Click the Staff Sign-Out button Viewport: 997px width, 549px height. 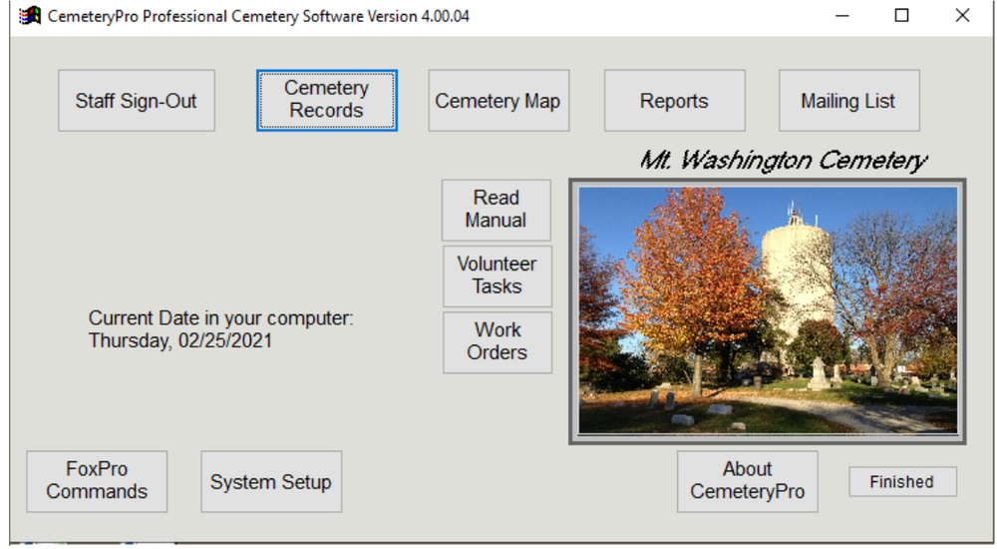pyautogui.click(x=137, y=101)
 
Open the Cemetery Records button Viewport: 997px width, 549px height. pyautogui.click(x=326, y=100)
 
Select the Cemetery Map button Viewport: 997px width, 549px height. pyautogui.click(x=498, y=101)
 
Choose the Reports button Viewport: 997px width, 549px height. pyautogui.click(x=674, y=101)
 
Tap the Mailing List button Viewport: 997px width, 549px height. pyautogui.click(x=847, y=101)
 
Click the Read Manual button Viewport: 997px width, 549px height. pyautogui.click(x=496, y=210)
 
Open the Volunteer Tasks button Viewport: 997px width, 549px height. pyautogui.click(x=497, y=275)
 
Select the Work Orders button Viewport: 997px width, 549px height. pyautogui.click(x=497, y=341)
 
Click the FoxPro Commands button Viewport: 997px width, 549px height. pyautogui.click(x=97, y=480)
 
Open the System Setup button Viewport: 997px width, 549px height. pyautogui.click(x=270, y=481)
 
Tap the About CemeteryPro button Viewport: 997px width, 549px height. pyautogui.click(x=747, y=480)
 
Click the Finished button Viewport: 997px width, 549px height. pyautogui.click(x=901, y=482)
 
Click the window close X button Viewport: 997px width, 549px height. pyautogui.click(x=962, y=16)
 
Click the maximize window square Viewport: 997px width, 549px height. pyautogui.click(x=901, y=16)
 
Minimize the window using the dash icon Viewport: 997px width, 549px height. pyautogui.click(x=842, y=16)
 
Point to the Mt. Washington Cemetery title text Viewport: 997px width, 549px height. pyautogui.click(x=783, y=161)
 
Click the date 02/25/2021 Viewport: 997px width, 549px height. pyautogui.click(x=225, y=340)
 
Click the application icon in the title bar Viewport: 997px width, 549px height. pyautogui.click(x=30, y=16)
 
